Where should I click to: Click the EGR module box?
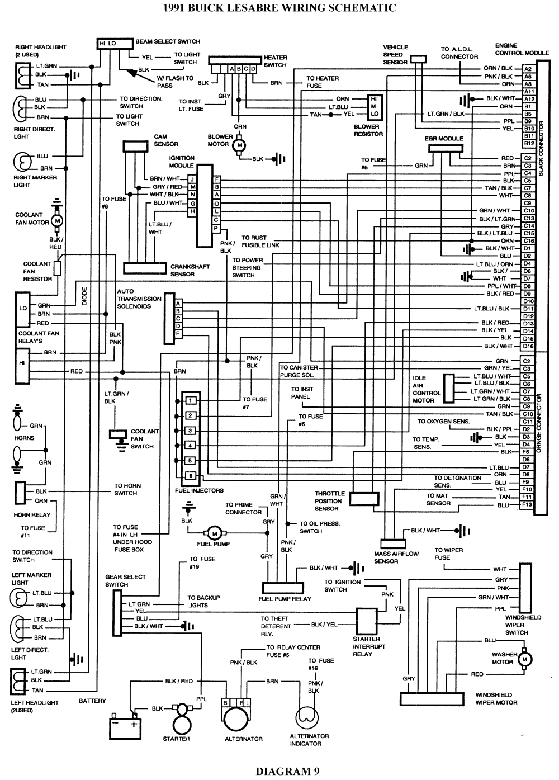point(447,148)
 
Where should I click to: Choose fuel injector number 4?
point(191,446)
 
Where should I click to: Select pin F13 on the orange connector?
point(527,505)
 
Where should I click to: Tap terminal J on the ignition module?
point(192,178)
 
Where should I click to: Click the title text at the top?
point(279,8)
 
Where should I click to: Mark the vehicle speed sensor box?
point(418,59)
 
